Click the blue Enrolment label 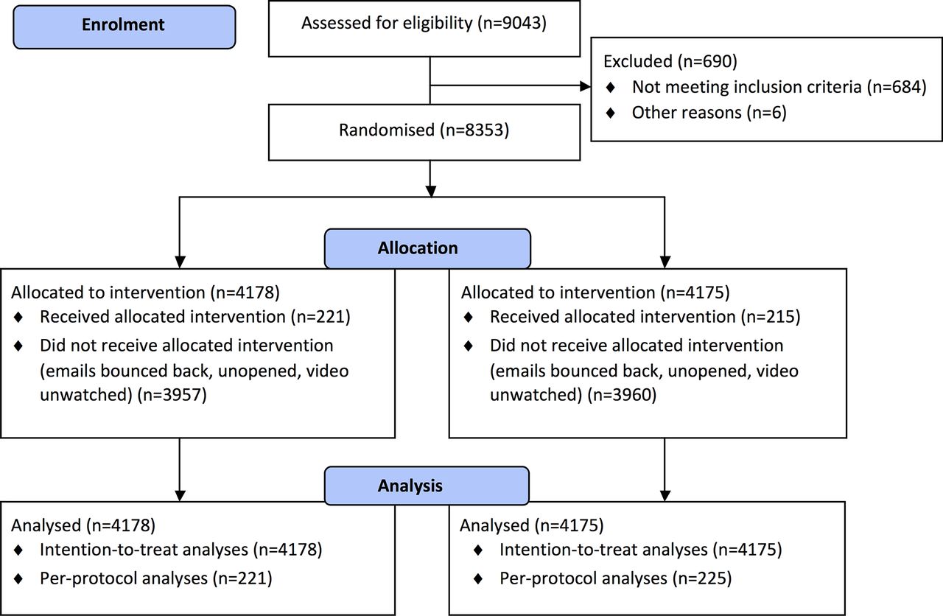coord(125,27)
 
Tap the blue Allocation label coord(427,248)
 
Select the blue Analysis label coord(427,486)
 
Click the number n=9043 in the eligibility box coord(512,23)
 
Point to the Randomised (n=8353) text coord(424,130)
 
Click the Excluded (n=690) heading coord(670,61)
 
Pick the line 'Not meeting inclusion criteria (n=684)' coord(779,87)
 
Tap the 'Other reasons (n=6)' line coord(709,113)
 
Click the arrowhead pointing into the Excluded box coord(585,86)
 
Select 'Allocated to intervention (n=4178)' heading coord(145,293)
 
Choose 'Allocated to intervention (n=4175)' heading coord(595,293)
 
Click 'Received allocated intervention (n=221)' coord(195,317)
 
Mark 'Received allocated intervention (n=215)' coord(645,317)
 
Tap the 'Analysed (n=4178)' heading coord(83,525)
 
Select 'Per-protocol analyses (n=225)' coord(615,578)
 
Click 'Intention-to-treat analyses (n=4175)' coord(641,550)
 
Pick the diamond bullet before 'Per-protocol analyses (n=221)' coord(18,579)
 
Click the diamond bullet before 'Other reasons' coord(611,113)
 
